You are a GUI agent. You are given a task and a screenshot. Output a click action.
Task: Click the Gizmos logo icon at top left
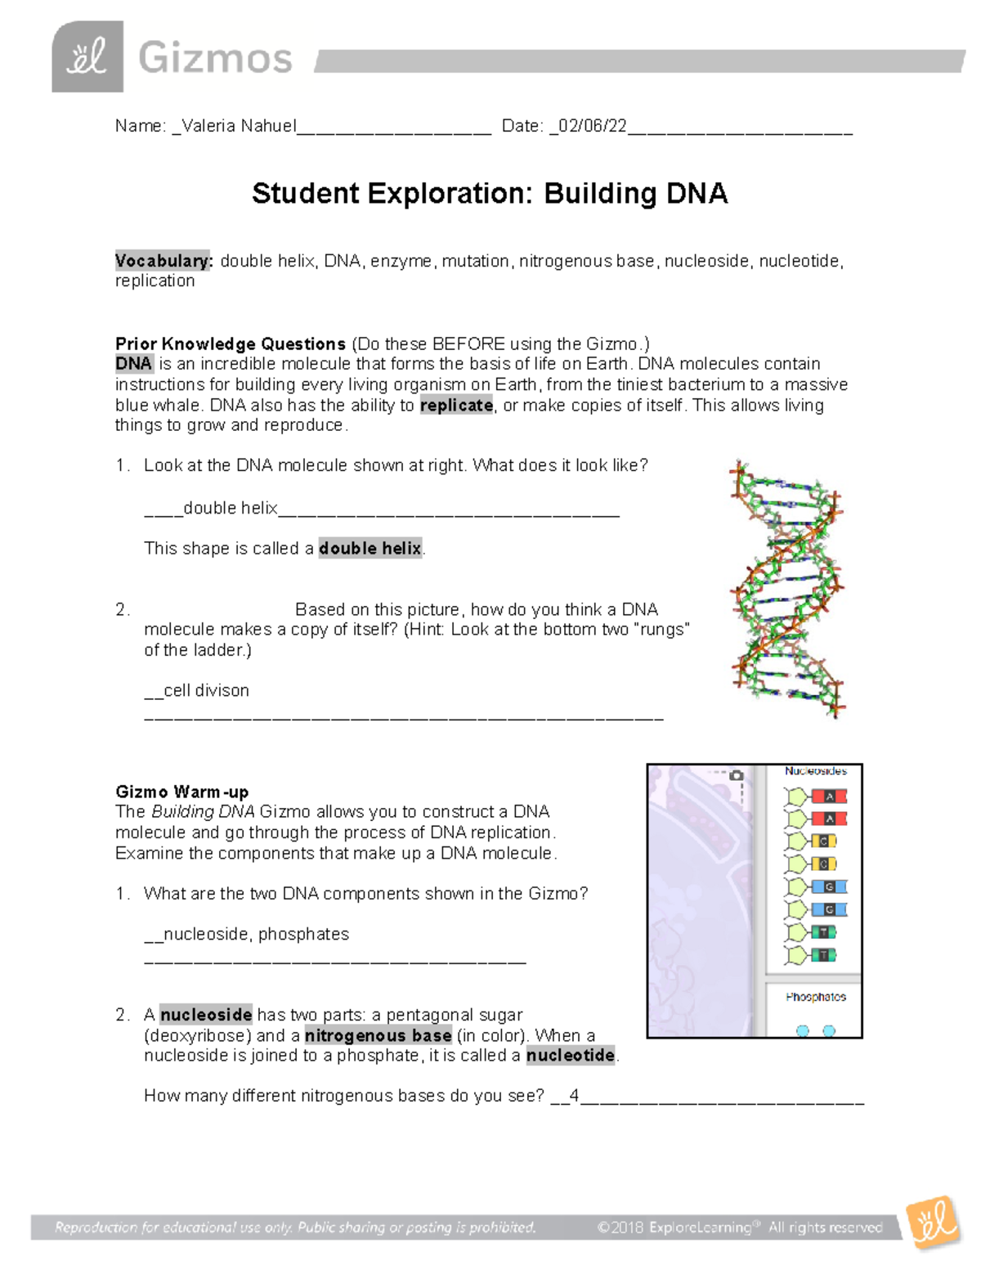[87, 57]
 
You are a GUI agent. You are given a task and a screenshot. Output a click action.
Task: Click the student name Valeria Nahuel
[239, 126]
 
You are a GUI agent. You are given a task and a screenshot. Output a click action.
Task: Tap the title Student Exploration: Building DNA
[490, 194]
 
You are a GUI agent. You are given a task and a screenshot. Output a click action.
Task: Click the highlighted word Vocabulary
[163, 261]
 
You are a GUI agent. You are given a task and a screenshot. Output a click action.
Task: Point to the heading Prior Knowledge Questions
[231, 343]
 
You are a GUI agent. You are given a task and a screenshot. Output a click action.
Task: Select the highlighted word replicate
[456, 406]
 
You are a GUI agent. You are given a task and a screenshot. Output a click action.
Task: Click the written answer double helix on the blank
[231, 509]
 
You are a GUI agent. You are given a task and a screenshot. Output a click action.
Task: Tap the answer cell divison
[207, 690]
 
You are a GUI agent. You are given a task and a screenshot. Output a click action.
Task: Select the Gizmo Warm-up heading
[182, 792]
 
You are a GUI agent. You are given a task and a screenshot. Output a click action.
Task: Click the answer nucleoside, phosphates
[256, 934]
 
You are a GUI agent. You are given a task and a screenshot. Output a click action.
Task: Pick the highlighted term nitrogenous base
[378, 1035]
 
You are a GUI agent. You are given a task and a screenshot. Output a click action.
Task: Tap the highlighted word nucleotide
[571, 1056]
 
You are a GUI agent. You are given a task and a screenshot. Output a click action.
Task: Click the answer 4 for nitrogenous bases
[574, 1096]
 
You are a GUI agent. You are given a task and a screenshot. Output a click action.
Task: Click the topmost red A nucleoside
[817, 797]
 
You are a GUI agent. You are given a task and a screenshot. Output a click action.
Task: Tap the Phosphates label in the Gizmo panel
[815, 997]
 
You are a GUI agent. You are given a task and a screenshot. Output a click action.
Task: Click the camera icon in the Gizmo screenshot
[736, 775]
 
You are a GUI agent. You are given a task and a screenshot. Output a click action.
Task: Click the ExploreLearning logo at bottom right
[933, 1223]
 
